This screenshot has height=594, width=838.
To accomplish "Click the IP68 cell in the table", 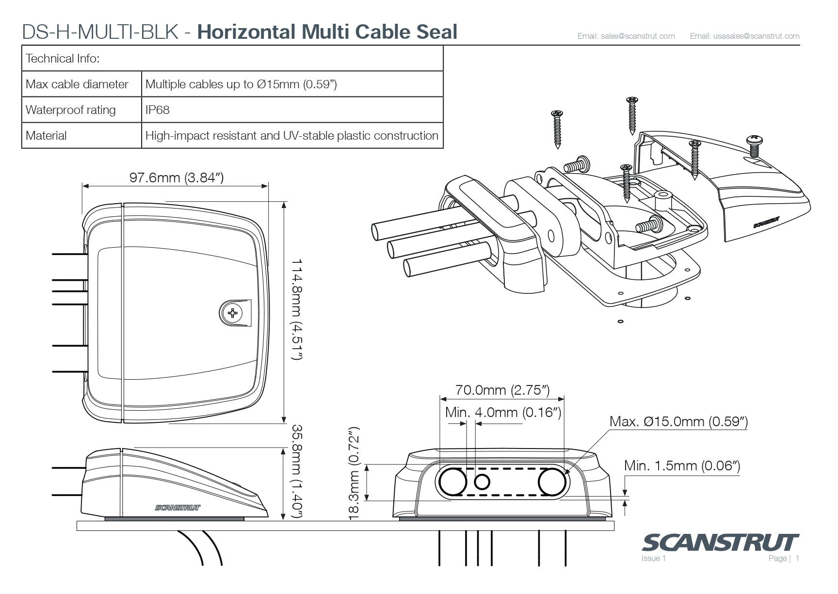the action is [x=157, y=110].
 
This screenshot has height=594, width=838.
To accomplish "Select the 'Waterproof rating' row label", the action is [x=71, y=110].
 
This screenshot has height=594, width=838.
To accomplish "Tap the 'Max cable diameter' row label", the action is [x=77, y=84].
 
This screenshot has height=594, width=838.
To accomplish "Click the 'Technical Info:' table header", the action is [x=63, y=59].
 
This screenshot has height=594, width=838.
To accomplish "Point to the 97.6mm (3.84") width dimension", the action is [x=177, y=177].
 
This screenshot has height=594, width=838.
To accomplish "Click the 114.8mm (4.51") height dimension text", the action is [x=296, y=310].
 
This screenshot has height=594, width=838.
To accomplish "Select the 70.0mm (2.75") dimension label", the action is [x=502, y=390].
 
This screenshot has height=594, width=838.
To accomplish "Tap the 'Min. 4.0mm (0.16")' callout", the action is [x=503, y=412].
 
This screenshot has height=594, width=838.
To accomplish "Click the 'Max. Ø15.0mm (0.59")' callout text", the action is [x=678, y=421].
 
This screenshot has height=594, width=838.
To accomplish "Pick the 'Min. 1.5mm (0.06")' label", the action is [x=682, y=466].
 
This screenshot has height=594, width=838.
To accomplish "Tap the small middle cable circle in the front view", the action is [x=482, y=482].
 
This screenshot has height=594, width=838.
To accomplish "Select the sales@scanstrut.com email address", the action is [x=626, y=36].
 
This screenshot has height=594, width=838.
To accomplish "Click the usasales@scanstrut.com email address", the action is [x=745, y=36].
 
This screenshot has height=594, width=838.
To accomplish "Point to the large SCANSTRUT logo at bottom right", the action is [x=720, y=543].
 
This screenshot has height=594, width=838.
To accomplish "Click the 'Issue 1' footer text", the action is [x=654, y=559].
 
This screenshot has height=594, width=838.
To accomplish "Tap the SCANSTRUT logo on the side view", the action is [x=177, y=508].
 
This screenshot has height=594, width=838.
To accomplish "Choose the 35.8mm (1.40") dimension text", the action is [x=296, y=471].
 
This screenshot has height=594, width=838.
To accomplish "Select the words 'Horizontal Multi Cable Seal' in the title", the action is [x=327, y=32].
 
